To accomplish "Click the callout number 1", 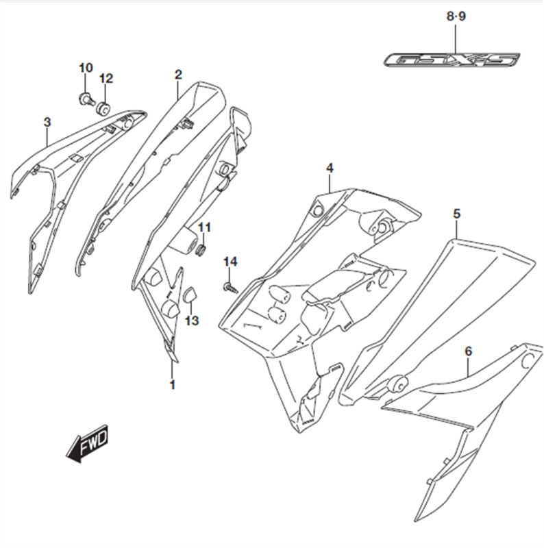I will [172, 385].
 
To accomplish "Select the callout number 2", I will [178, 74].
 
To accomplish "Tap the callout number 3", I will [47, 122].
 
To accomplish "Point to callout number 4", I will [330, 167].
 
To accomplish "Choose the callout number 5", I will [456, 214].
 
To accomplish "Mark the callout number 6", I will [469, 351].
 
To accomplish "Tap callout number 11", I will [205, 227].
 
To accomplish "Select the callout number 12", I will [106, 78].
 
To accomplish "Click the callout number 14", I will [230, 262].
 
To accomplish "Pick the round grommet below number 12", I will [104, 107].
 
